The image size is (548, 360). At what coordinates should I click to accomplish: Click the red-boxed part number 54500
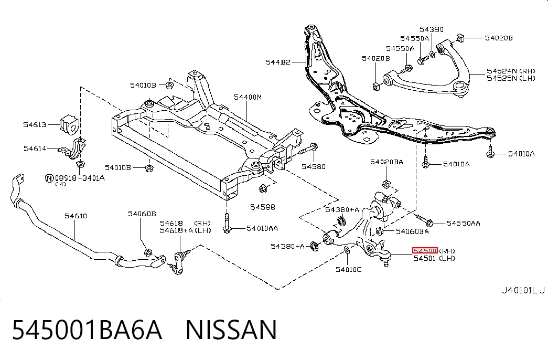(x=425, y=250)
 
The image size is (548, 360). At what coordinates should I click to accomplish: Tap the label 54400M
(x=248, y=97)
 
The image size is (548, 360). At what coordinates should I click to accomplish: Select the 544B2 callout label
(x=278, y=62)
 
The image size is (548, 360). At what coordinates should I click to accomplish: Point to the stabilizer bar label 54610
(x=76, y=216)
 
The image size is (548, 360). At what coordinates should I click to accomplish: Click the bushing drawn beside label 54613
(x=69, y=124)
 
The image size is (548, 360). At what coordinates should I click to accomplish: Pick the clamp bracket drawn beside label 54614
(x=74, y=149)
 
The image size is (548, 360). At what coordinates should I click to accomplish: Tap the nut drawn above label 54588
(x=263, y=189)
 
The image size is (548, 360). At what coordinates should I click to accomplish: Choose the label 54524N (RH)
(x=511, y=71)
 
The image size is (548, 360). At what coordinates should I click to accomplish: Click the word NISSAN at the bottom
(x=231, y=330)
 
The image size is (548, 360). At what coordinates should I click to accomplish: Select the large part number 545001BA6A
(x=87, y=330)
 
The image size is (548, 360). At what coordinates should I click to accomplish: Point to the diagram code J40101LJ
(x=523, y=290)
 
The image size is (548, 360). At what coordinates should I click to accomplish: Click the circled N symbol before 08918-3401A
(x=49, y=178)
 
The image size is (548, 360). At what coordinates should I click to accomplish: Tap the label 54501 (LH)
(x=434, y=258)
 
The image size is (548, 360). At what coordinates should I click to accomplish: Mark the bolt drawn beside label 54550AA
(x=424, y=220)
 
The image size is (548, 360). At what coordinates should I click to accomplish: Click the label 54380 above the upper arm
(x=432, y=29)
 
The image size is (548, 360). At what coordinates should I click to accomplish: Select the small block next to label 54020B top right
(x=460, y=37)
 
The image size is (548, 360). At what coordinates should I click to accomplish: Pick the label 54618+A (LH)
(x=186, y=230)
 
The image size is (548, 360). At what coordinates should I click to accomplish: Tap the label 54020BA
(x=386, y=162)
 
